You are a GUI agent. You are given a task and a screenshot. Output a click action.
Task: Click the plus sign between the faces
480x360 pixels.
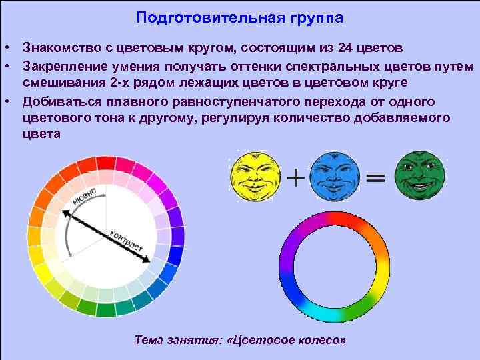tap(295, 179)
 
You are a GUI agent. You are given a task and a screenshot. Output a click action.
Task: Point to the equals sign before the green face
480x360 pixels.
tap(375, 179)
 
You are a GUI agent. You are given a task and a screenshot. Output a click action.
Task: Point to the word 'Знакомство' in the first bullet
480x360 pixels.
tap(61, 49)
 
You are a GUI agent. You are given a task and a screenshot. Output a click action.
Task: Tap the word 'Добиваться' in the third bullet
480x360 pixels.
tap(61, 101)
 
